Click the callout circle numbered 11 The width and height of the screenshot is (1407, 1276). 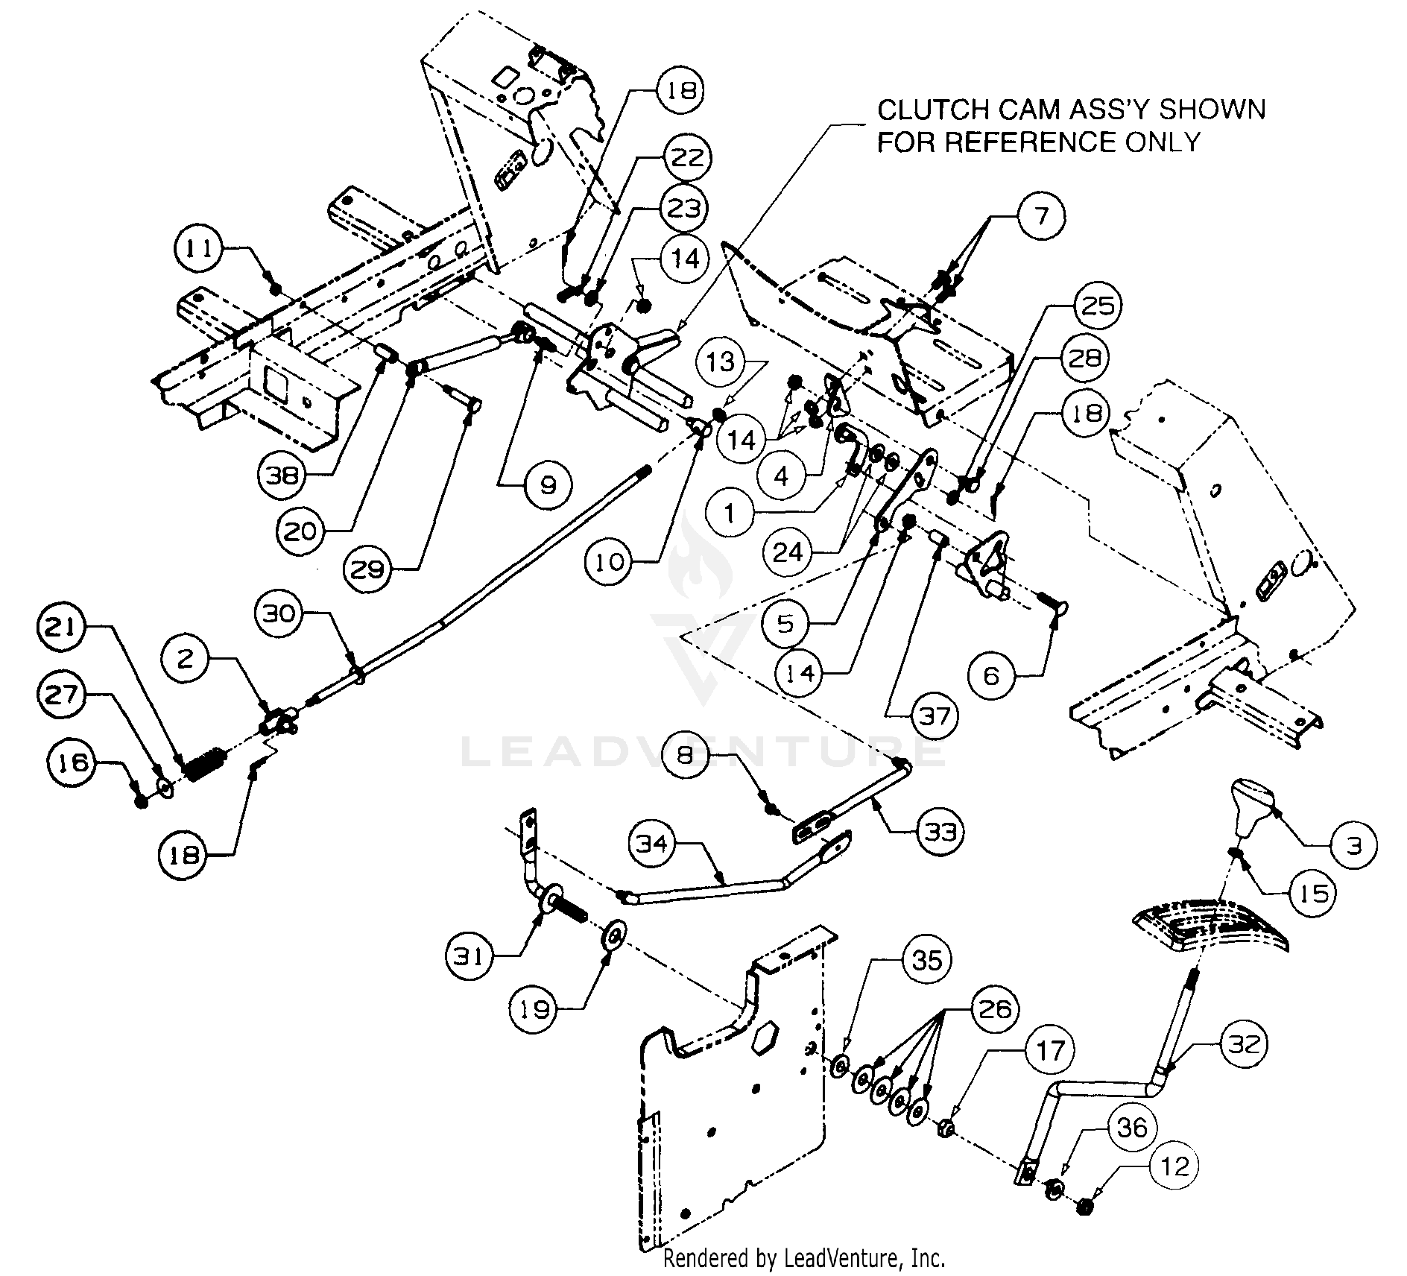(x=199, y=248)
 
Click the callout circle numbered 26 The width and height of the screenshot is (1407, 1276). (x=995, y=1009)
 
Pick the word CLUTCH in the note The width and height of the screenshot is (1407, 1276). (x=920, y=110)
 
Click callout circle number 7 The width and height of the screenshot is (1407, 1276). (x=1042, y=216)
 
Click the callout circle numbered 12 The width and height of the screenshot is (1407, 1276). (x=1175, y=1166)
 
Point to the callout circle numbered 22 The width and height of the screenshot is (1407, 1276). (x=686, y=157)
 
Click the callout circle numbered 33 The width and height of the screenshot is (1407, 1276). (x=940, y=831)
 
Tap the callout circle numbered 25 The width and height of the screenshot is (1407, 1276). (x=1096, y=306)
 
